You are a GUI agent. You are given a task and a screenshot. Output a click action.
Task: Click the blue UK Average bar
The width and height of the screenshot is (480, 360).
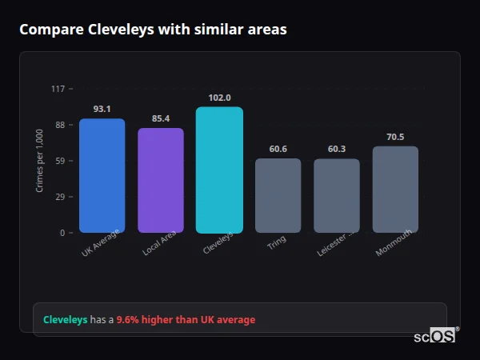coord(102,176)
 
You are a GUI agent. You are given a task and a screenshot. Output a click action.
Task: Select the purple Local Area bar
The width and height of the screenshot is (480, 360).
coord(161,181)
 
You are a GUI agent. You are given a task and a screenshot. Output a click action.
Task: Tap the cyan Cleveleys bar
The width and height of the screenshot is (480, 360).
coord(219,170)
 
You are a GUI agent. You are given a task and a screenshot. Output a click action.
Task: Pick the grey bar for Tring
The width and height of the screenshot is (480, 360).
coord(278,196)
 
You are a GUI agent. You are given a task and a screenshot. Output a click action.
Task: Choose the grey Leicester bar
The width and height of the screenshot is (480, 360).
coord(337,196)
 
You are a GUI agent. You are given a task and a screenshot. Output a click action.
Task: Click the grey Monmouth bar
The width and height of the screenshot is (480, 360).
coord(395,190)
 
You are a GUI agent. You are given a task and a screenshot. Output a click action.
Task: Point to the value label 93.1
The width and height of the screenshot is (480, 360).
coord(102,109)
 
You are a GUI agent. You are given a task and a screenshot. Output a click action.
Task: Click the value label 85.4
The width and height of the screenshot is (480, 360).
coord(161,118)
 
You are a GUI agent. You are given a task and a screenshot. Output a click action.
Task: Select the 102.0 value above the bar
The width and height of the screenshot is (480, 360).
coord(219,98)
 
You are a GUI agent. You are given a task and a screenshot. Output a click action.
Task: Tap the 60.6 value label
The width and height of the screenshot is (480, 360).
coord(278,149)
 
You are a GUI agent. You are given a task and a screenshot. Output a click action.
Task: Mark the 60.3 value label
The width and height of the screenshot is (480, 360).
coord(337,149)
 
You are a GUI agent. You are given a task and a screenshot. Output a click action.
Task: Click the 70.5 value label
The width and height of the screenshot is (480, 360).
coord(395,137)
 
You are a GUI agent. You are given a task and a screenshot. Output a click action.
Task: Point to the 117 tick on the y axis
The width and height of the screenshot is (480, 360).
coord(58,89)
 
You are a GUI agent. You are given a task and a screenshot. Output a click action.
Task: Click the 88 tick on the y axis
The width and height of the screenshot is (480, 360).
coord(59,125)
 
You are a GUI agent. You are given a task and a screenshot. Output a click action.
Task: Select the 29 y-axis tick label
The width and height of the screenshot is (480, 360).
coord(59,197)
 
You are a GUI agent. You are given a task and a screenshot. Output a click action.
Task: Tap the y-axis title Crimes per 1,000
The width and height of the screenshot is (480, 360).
coord(39,161)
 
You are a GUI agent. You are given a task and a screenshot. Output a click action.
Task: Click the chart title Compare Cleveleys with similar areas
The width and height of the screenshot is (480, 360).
coord(153,30)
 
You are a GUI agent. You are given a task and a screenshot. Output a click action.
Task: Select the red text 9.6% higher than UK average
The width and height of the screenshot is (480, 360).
coord(186,320)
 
